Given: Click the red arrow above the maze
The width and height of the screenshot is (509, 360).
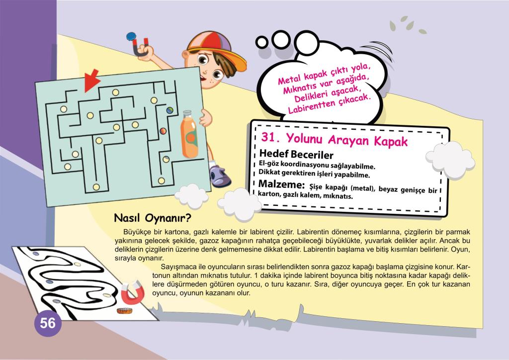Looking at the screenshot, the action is click(91, 81).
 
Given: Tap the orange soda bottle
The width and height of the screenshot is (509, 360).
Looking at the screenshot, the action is click(189, 134).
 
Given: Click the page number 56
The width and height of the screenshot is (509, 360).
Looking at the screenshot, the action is click(48, 323).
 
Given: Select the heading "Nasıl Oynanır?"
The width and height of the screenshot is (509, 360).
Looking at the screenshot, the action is click(153, 218).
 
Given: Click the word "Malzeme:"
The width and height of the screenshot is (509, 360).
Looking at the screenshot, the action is click(281, 184).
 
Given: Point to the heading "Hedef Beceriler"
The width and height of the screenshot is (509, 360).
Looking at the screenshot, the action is click(296, 154).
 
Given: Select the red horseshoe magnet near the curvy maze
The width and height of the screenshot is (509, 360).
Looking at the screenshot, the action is click(132, 292).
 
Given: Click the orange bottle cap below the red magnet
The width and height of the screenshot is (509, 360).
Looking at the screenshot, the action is click(125, 311).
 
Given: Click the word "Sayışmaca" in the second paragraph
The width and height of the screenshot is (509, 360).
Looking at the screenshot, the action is click(179, 267).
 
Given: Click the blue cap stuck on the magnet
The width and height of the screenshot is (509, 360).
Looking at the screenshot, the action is click(131, 36).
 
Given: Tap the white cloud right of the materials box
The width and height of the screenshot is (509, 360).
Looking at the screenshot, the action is click(450, 160).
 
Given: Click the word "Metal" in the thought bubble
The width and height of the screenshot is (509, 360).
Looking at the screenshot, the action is click(289, 79).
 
